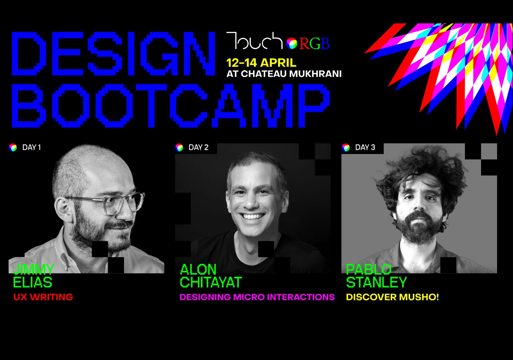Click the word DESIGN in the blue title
114,54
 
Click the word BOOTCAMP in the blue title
171,106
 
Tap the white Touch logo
255,41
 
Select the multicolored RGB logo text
314,44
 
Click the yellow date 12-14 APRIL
261,63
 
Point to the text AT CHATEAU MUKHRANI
284,74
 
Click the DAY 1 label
32,147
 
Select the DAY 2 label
198,147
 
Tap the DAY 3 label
365,147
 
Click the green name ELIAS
33,282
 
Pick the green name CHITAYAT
211,282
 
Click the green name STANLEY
376,282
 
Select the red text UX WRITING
43,297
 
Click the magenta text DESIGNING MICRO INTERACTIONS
257,297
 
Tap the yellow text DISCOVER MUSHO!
392,297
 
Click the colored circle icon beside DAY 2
179,147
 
